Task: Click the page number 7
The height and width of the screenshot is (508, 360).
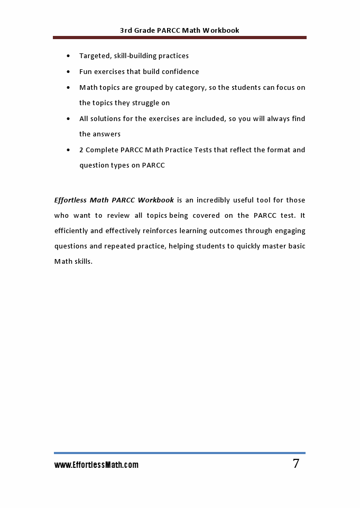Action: (296, 464)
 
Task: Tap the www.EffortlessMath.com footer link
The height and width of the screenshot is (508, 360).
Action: (96, 465)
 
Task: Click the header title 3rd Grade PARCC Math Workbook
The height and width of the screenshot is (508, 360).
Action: (180, 30)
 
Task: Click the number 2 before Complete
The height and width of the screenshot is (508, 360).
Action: (81, 150)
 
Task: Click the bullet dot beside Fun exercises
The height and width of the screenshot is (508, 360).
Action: (69, 72)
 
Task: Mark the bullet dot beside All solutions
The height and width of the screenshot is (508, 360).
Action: (69, 119)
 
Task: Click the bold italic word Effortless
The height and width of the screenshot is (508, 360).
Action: (70, 200)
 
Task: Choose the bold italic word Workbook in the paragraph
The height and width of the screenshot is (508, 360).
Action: (156, 200)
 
